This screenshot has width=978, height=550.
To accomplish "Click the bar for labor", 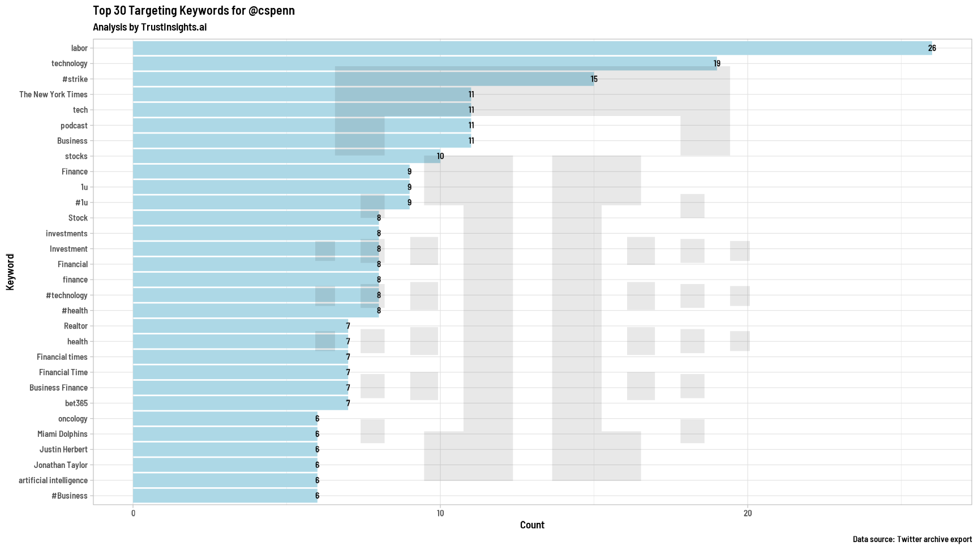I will tap(532, 48).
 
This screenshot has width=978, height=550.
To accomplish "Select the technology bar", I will tap(424, 63).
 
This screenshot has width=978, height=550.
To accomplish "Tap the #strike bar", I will tap(363, 79).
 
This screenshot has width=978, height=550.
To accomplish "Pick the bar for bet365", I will tap(241, 403).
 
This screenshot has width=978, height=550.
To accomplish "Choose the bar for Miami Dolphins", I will tap(225, 434).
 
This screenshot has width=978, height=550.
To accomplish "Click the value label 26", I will tap(932, 48).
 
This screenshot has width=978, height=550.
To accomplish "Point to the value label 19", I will tap(717, 63).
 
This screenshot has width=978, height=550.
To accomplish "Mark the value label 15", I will tap(594, 79).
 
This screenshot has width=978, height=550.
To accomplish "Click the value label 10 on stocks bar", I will tap(440, 156).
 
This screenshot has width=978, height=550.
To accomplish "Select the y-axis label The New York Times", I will tap(53, 94).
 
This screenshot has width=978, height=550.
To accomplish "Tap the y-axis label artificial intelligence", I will tap(53, 480).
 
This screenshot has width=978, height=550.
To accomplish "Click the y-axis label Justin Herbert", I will tap(63, 449).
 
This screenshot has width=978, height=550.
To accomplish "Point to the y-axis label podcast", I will tap(74, 126).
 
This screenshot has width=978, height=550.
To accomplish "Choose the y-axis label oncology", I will tap(73, 419).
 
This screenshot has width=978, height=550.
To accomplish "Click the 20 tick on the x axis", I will tap(748, 513).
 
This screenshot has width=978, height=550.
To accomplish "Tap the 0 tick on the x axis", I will tap(133, 513).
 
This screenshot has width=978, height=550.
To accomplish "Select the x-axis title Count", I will tap(532, 525).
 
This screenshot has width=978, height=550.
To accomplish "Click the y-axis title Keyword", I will tap(10, 272).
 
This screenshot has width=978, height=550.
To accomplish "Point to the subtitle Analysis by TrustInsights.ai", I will tap(149, 27).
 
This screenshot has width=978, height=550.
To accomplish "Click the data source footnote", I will tap(912, 539).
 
